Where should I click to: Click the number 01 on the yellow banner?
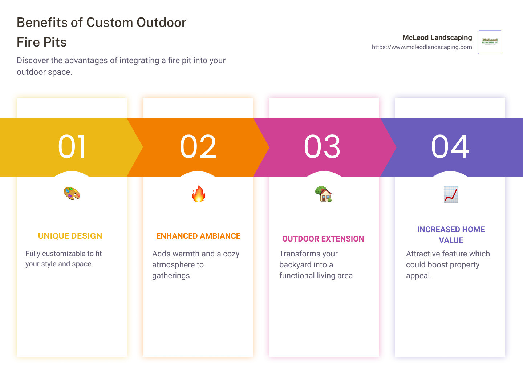point(72,146)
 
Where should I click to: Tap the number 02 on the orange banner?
point(198,146)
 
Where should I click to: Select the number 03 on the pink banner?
point(322,146)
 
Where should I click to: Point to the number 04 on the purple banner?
point(450,146)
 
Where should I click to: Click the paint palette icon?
point(72,194)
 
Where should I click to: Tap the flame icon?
point(198,194)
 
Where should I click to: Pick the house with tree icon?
point(323,194)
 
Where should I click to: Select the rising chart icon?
point(451,194)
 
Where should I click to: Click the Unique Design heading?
point(70,236)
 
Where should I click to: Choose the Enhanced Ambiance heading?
point(198,236)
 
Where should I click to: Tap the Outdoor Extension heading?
point(323,239)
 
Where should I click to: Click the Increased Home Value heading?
point(451,235)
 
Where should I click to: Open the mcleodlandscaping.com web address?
point(422,47)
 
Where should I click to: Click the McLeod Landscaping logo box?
point(490,42)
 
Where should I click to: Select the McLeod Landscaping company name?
point(437,37)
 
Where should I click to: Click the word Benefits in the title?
point(42,23)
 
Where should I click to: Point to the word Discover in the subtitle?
point(33,60)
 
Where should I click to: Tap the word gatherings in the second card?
point(172,276)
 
